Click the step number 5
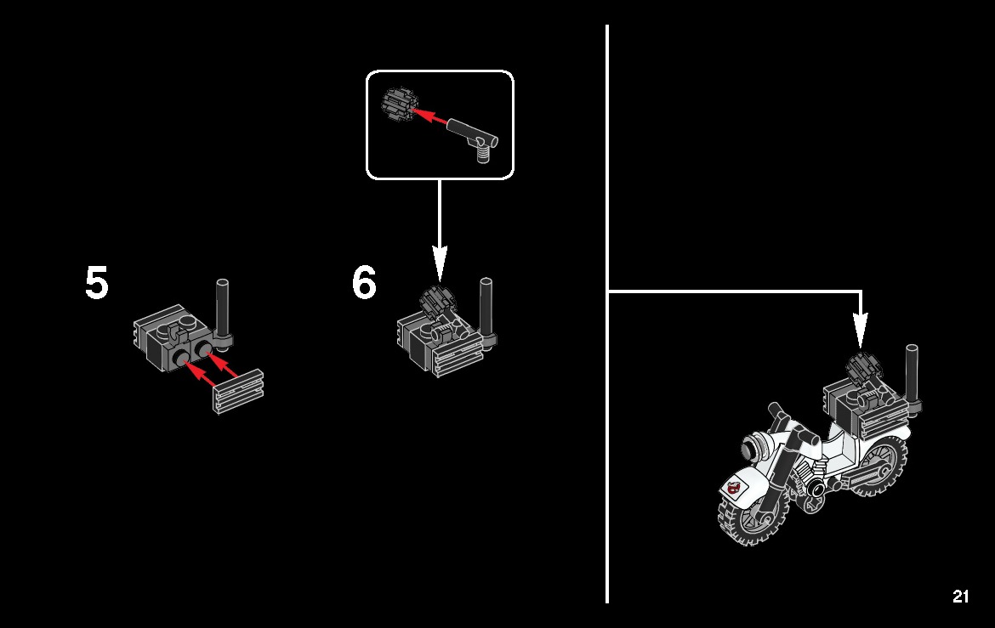tap(97, 282)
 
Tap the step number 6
tap(364, 282)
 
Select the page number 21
tap(961, 597)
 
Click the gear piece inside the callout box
tap(398, 104)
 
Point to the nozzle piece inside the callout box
tap(474, 137)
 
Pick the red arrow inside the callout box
tap(430, 116)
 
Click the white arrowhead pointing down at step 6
tap(440, 264)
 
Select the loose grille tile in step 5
tap(238, 391)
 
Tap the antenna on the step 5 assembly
tap(222, 311)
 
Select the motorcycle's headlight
tap(755, 448)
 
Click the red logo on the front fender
tap(734, 488)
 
